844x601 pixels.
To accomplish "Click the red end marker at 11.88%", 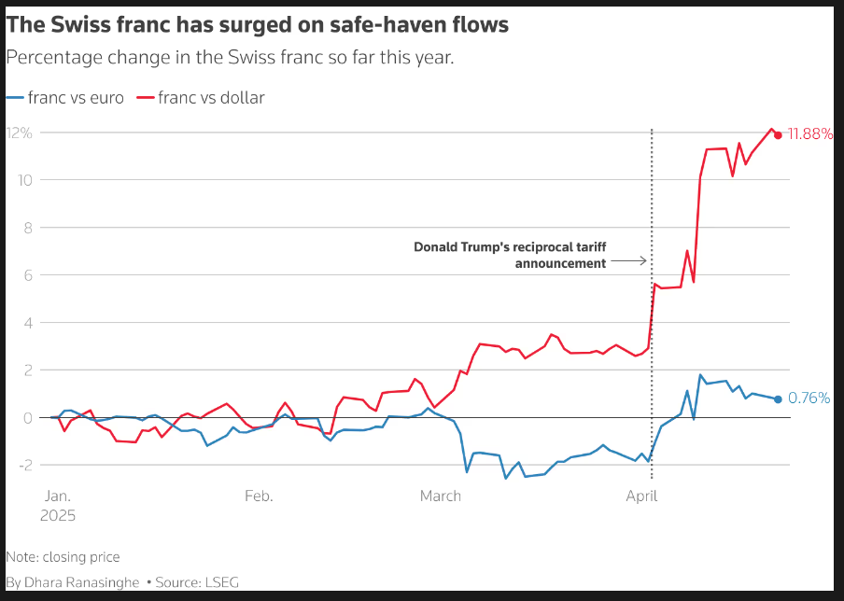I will pyautogui.click(x=778, y=134).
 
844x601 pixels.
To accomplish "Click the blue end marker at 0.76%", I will pyautogui.click(x=778, y=398).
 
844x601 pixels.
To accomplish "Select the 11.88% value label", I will pyautogui.click(x=810, y=134).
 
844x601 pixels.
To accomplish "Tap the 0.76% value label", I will pyautogui.click(x=809, y=398).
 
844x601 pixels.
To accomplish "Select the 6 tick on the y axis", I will pyautogui.click(x=27, y=275).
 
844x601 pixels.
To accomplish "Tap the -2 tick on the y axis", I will pyautogui.click(x=24, y=465).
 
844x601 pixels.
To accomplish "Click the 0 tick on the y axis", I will pyautogui.click(x=27, y=417).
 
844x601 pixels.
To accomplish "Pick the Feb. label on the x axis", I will pyautogui.click(x=259, y=496).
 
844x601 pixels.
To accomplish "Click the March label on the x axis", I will pyautogui.click(x=440, y=496).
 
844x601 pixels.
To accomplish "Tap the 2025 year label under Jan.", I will pyautogui.click(x=59, y=515).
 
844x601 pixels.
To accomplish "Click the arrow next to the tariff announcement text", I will pyautogui.click(x=629, y=262).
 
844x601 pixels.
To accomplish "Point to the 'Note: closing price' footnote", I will pyautogui.click(x=63, y=557).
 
